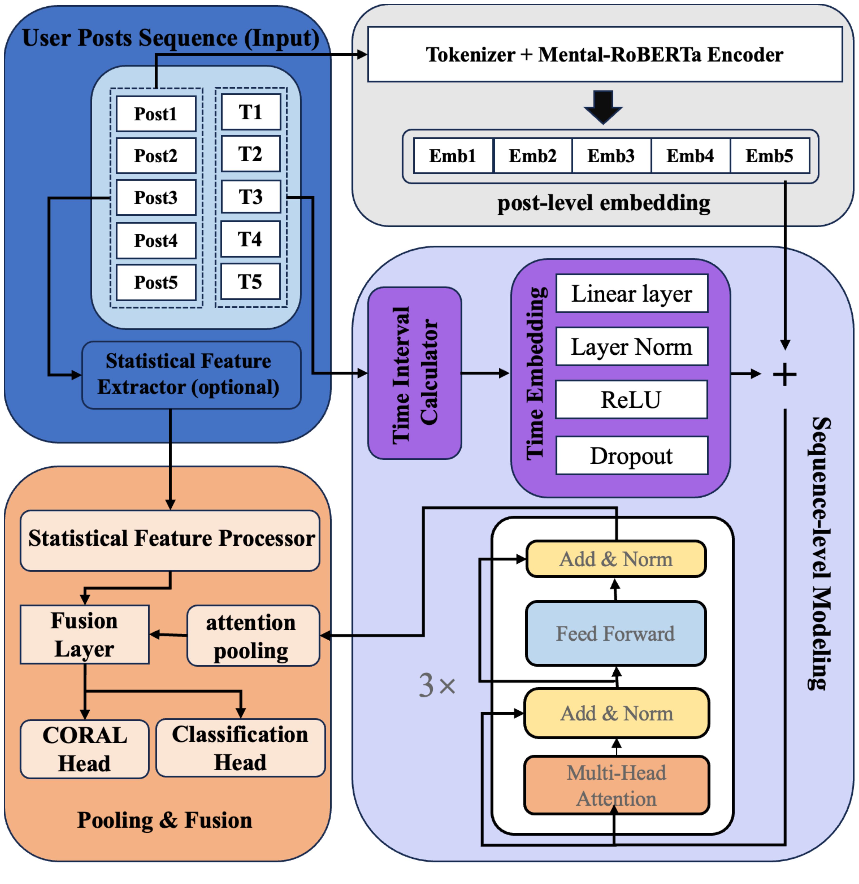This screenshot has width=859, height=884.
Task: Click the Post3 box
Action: tap(156, 198)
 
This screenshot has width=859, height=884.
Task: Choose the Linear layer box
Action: tap(632, 294)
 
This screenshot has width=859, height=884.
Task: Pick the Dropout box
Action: tap(632, 456)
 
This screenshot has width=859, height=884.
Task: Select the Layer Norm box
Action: tap(632, 347)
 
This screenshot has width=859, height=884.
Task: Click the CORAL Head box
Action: tap(84, 749)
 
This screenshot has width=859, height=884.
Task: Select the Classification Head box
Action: tap(240, 748)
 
